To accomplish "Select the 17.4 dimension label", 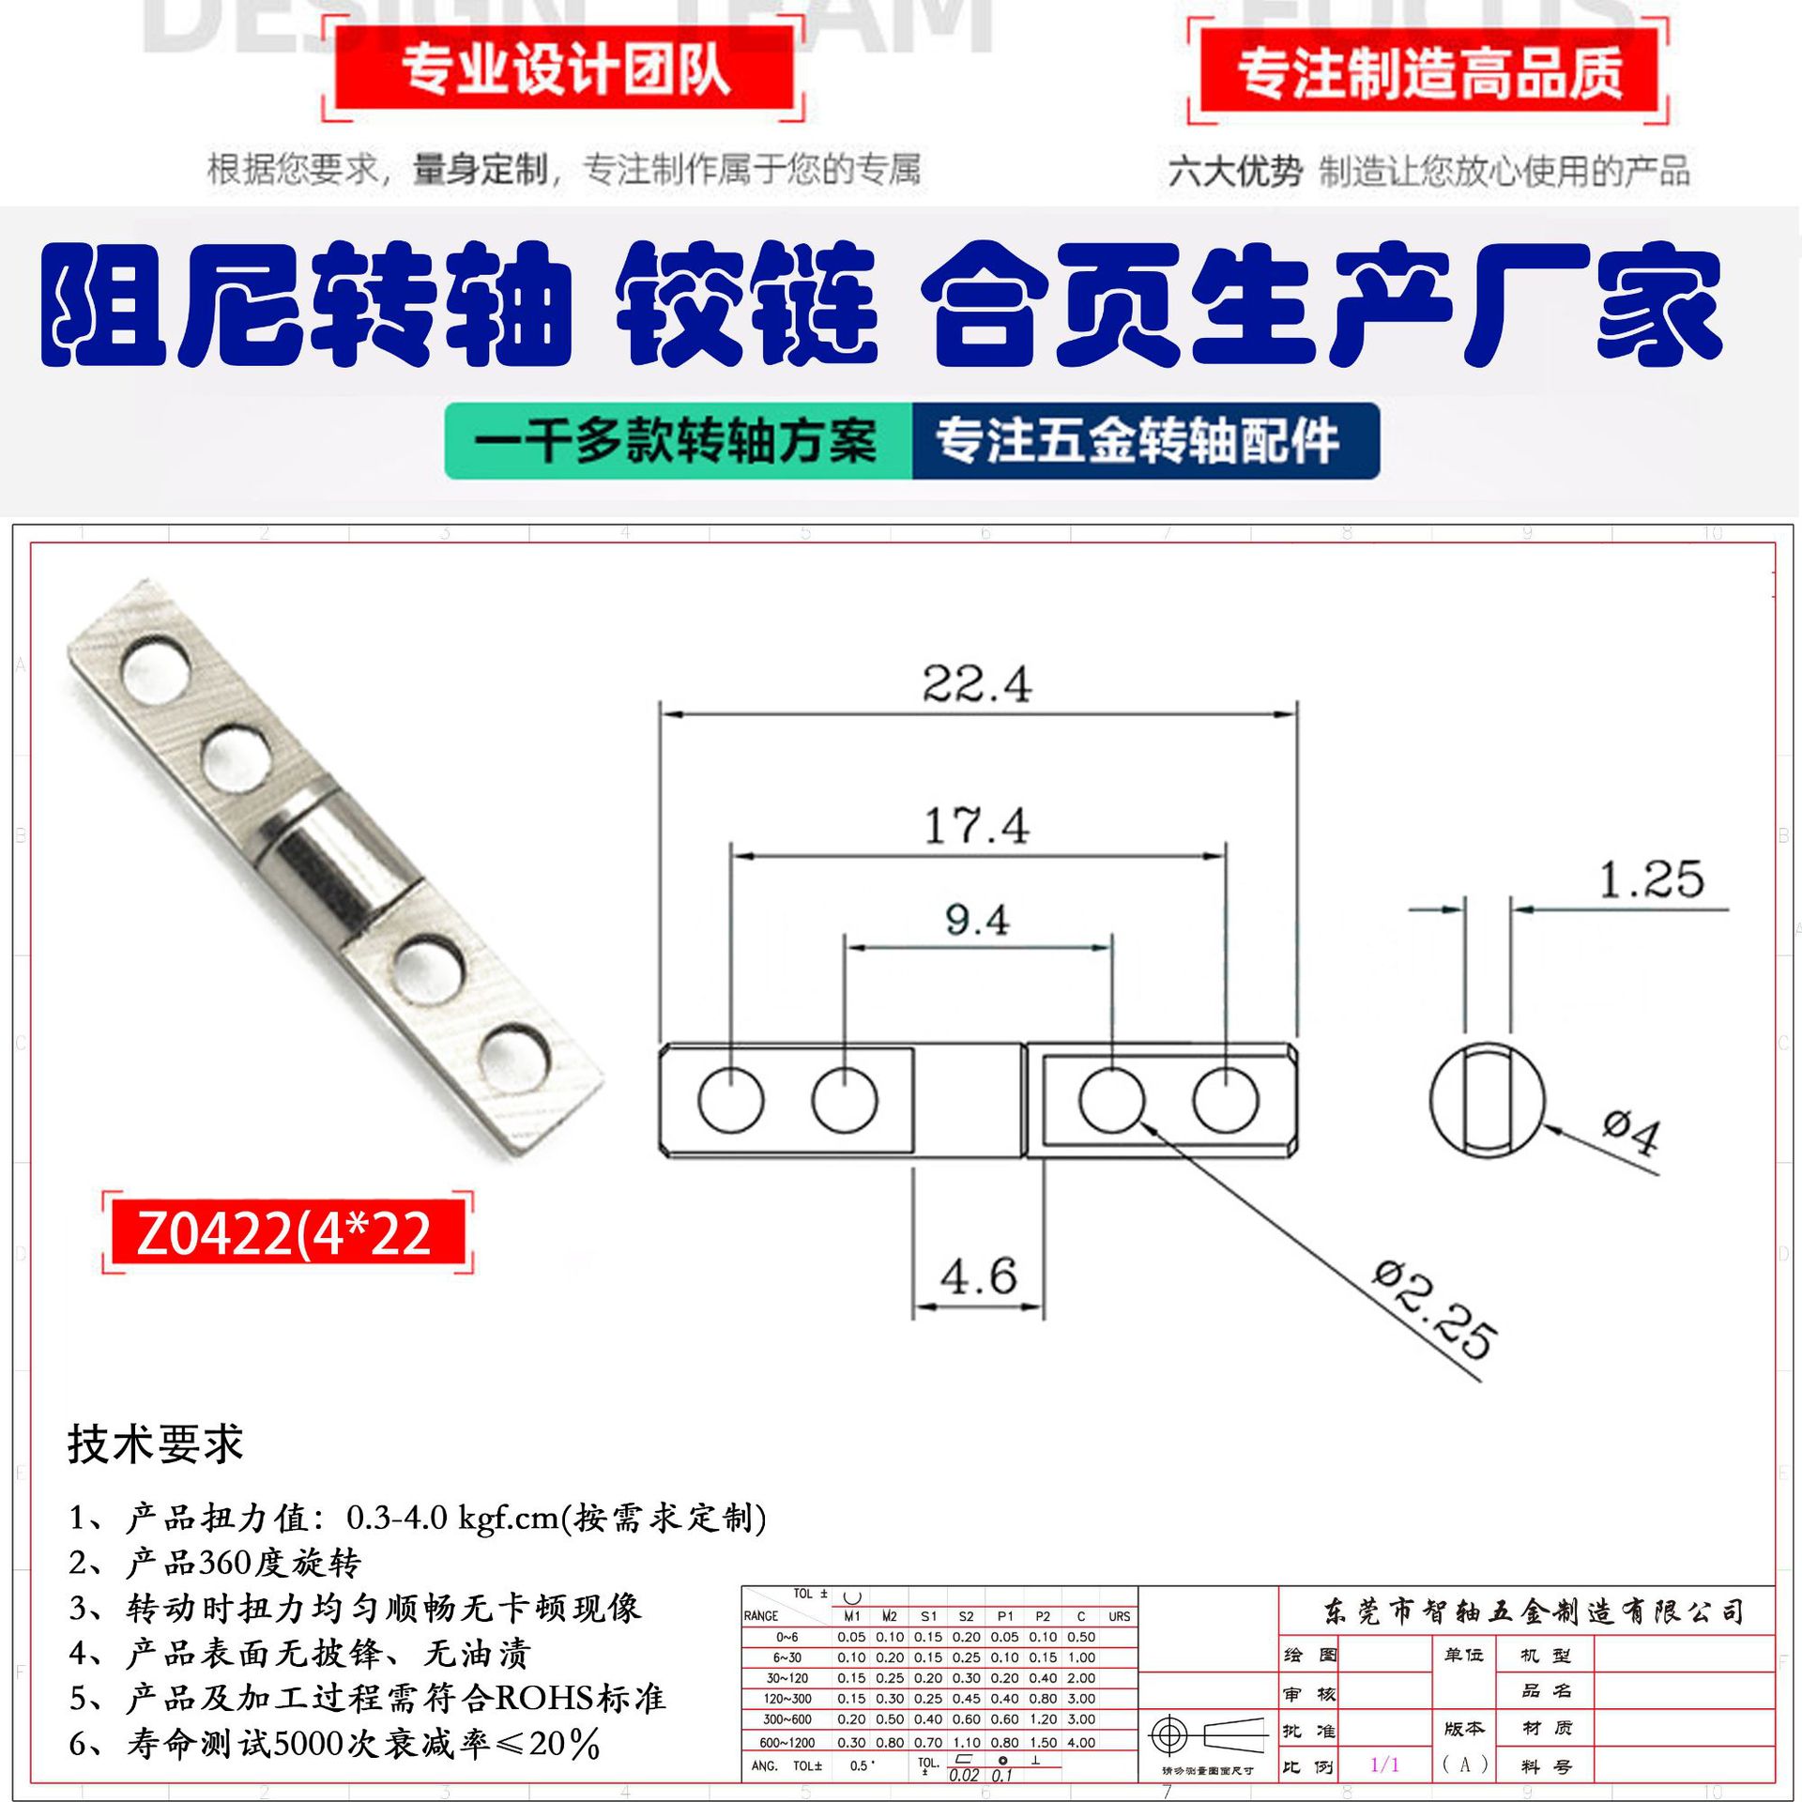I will click(x=976, y=827).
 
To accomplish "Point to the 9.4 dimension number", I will click(x=977, y=920).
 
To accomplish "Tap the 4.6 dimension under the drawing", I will click(x=978, y=1277).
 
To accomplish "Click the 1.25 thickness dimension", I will click(x=1650, y=880).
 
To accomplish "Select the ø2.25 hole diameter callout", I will click(x=1432, y=1310).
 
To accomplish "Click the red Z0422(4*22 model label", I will click(x=285, y=1233).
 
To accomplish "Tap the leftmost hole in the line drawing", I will click(x=731, y=1099).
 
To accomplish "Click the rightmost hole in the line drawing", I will click(x=1226, y=1099).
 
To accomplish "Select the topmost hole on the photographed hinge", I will click(x=156, y=670).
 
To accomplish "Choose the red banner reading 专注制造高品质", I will click(x=1428, y=73).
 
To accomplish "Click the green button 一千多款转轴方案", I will click(x=677, y=441).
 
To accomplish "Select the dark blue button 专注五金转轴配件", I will click(x=1138, y=441).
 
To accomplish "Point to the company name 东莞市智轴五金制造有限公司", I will click(x=1533, y=1612).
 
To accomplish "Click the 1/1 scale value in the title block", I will click(x=1384, y=1764).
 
